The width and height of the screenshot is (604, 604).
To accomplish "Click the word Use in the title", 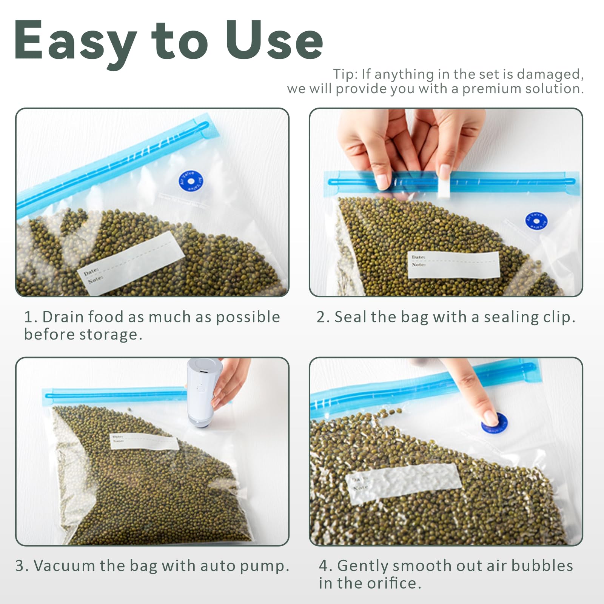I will (x=274, y=41).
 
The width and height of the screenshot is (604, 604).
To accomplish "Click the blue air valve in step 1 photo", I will (x=191, y=181).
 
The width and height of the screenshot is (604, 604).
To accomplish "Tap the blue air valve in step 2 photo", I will (x=536, y=221).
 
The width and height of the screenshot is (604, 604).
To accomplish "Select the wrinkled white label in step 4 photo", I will (x=403, y=482).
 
